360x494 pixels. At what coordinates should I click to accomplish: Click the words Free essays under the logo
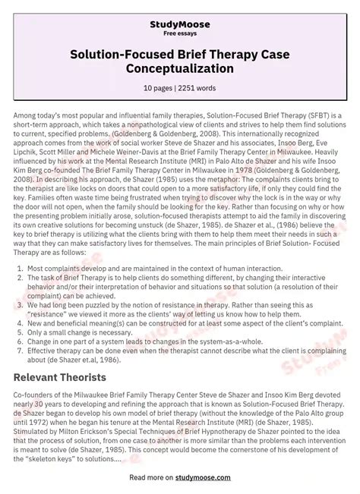179,24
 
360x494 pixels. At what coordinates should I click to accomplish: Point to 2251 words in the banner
200,88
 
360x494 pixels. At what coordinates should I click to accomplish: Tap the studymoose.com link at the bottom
213,479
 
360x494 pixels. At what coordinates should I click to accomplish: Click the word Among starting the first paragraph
28,115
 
